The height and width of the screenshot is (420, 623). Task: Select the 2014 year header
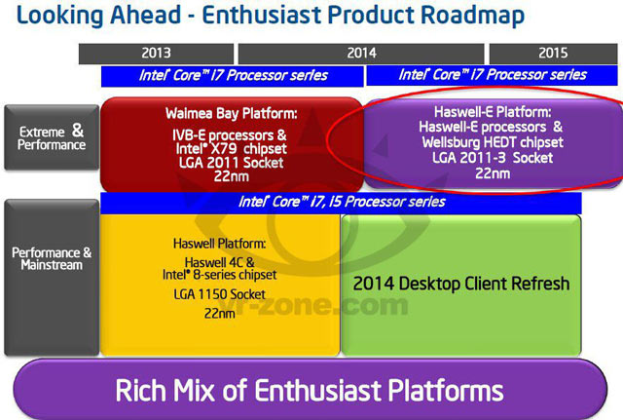[360, 54]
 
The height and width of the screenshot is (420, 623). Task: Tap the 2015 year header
[552, 54]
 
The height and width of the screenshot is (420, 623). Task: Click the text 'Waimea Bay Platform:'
[230, 110]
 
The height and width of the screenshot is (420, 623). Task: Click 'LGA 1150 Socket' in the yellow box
[219, 293]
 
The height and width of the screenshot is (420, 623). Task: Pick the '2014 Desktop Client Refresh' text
[461, 285]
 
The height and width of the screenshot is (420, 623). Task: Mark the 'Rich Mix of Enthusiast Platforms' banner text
[309, 391]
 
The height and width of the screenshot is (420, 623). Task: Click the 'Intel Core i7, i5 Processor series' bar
[342, 202]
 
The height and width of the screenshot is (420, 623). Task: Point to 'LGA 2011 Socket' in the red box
[230, 161]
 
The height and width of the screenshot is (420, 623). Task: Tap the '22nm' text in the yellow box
[219, 314]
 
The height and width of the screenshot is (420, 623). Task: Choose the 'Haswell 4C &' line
[219, 262]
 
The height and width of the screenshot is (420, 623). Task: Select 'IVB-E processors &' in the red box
[230, 133]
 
